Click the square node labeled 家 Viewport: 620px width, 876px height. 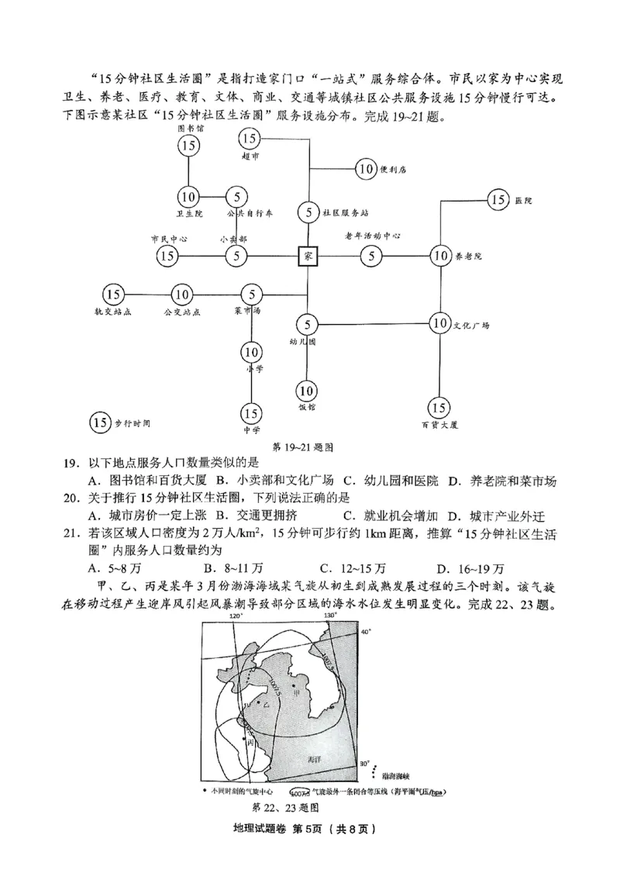click(x=308, y=255)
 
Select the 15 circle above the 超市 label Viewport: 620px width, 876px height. click(x=250, y=140)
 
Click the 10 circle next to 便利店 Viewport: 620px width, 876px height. click(x=366, y=168)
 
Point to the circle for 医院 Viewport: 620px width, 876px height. click(x=498, y=200)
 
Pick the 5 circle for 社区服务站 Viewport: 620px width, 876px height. click(x=308, y=212)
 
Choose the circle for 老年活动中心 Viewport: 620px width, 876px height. click(x=372, y=255)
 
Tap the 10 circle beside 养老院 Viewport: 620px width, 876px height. click(x=440, y=255)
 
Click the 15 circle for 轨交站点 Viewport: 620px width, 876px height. click(x=113, y=294)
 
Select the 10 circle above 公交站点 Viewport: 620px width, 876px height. click(x=182, y=294)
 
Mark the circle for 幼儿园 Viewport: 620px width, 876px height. click(x=308, y=324)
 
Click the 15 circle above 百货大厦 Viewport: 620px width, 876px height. click(x=439, y=407)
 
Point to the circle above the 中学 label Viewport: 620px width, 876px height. click(x=251, y=412)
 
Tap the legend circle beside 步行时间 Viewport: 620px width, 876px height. click(x=100, y=422)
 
